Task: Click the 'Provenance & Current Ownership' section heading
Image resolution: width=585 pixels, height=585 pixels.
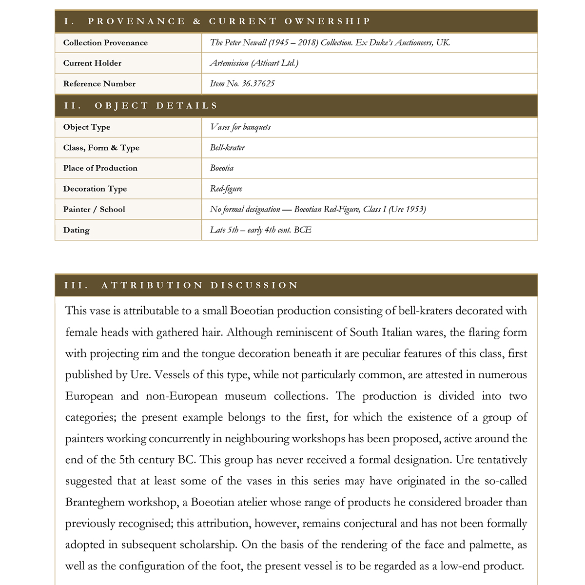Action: tap(217, 21)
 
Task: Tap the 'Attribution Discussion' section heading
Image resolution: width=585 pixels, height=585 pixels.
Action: tap(181, 285)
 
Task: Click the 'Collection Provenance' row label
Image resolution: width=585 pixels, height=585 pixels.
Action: tap(105, 43)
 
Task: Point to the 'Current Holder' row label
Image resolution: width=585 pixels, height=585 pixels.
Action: tap(92, 63)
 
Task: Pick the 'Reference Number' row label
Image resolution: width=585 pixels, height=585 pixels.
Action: tap(99, 84)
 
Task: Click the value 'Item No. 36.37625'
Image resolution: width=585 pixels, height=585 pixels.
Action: tap(242, 84)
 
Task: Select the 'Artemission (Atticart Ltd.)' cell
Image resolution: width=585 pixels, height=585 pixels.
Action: tap(254, 63)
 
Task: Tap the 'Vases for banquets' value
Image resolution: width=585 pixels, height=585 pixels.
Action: tap(240, 127)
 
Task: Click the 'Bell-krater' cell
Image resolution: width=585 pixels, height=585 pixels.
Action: tap(228, 148)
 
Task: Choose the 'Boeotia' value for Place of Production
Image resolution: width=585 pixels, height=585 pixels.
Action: tap(222, 168)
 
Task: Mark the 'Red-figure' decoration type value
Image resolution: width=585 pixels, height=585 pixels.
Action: tap(226, 189)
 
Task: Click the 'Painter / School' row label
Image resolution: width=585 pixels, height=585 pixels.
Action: tap(94, 210)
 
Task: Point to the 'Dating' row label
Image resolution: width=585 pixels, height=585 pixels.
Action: tap(77, 230)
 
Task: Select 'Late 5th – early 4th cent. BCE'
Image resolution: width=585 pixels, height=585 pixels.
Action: tap(261, 230)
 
